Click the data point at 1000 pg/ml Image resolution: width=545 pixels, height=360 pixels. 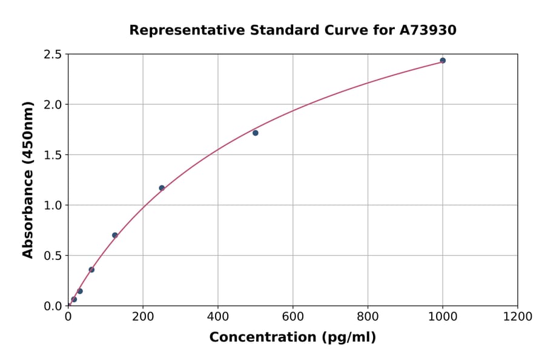click(x=443, y=61)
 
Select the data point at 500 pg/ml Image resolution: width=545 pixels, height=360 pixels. click(x=256, y=133)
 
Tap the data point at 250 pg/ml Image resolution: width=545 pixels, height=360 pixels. click(x=162, y=188)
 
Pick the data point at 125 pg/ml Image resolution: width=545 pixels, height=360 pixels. click(x=115, y=235)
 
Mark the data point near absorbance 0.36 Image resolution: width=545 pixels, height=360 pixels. click(x=91, y=270)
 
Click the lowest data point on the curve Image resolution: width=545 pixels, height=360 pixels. click(x=74, y=299)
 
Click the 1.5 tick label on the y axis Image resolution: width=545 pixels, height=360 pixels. click(x=53, y=155)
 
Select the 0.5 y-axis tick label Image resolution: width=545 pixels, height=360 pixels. click(x=53, y=256)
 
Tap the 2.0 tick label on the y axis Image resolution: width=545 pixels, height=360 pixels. click(x=53, y=105)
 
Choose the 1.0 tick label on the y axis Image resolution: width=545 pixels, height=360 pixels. click(x=53, y=205)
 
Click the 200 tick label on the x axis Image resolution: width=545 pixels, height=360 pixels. click(x=143, y=316)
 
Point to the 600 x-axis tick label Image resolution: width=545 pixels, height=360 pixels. click(x=292, y=316)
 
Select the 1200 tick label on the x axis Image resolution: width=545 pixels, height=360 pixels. click(x=518, y=316)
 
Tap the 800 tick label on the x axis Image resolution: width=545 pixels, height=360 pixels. click(x=368, y=316)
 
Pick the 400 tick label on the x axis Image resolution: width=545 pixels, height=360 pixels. click(x=218, y=316)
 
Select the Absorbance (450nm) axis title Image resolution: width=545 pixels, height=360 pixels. click(x=28, y=180)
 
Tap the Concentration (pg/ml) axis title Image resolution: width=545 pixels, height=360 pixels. click(x=292, y=338)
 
